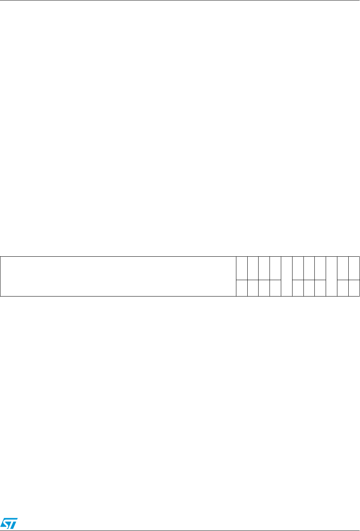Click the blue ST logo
click(9, 524)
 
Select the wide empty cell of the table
click(118, 276)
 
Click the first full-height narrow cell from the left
click(287, 276)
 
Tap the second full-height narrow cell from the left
click(331, 276)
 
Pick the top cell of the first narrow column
click(242, 268)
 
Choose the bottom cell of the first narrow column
click(242, 288)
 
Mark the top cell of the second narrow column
click(253, 268)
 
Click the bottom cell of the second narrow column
click(253, 288)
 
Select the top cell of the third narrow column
click(264, 268)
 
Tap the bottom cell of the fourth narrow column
click(275, 288)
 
